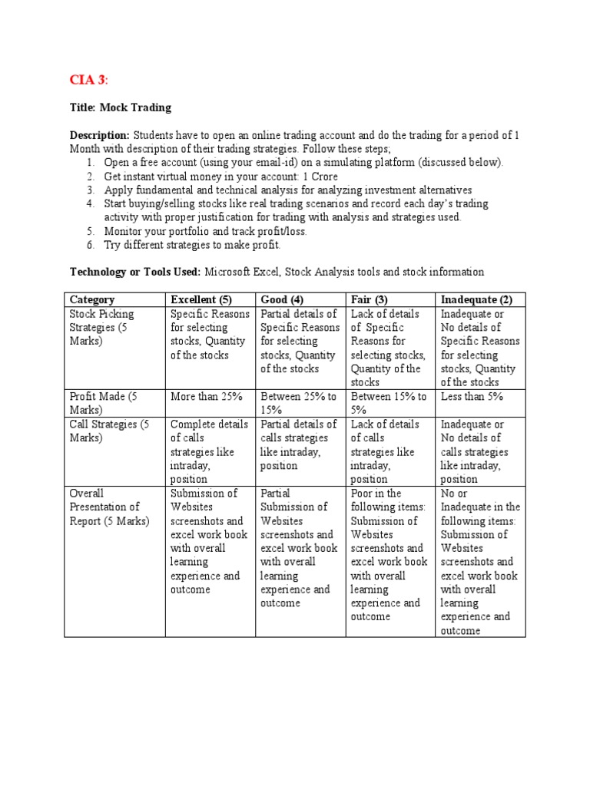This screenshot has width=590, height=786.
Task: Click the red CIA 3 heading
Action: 89,80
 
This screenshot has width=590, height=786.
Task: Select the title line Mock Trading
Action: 121,107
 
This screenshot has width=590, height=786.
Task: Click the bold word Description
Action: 99,135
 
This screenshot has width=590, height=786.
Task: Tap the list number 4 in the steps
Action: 89,203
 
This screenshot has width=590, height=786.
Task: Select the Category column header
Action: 92,299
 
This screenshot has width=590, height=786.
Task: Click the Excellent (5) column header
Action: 201,299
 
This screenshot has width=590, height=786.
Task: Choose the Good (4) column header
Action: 285,299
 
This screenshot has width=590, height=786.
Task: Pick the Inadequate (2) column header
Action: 476,299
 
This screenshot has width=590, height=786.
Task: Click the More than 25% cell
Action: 206,396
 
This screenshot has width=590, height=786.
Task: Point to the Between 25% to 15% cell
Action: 299,403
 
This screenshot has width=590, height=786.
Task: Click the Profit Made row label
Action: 103,403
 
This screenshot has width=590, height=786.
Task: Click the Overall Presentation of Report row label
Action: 104,507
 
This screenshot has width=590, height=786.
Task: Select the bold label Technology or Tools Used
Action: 134,272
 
